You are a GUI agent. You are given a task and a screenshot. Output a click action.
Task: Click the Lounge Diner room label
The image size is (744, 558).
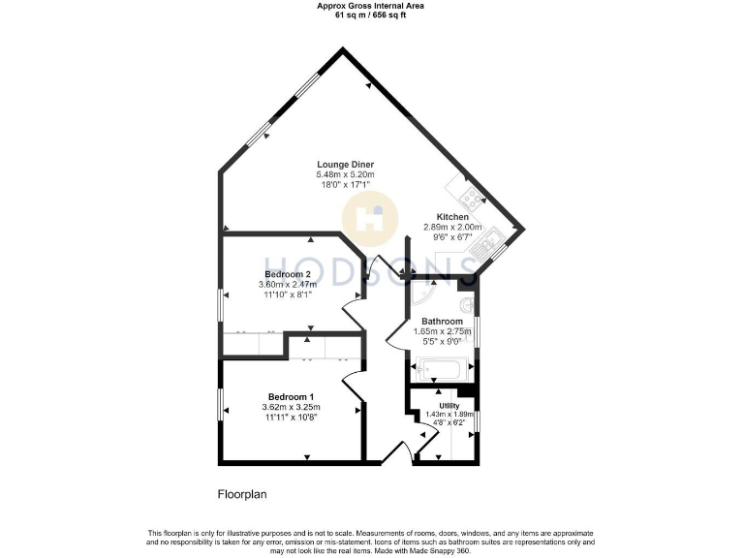coord(345,164)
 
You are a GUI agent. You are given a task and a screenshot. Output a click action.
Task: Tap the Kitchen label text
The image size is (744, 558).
coord(452,216)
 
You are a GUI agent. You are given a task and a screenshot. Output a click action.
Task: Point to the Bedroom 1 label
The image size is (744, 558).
coord(291,396)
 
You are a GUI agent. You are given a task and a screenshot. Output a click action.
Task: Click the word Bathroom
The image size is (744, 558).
coord(441,321)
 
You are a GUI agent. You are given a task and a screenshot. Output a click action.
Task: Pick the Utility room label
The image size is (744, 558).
coord(449,405)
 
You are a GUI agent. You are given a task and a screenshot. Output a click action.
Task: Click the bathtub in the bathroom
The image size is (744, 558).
coord(441,367)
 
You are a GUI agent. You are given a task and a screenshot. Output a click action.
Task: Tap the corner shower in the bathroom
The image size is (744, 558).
coord(422,293)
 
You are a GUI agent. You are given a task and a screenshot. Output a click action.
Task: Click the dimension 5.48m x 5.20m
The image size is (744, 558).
coord(345,174)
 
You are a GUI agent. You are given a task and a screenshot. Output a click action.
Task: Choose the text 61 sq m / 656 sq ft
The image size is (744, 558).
coord(371,15)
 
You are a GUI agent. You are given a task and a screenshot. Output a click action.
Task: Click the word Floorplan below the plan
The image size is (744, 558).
coord(241,494)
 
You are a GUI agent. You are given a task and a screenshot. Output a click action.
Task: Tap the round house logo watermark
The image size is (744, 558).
coord(372,218)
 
